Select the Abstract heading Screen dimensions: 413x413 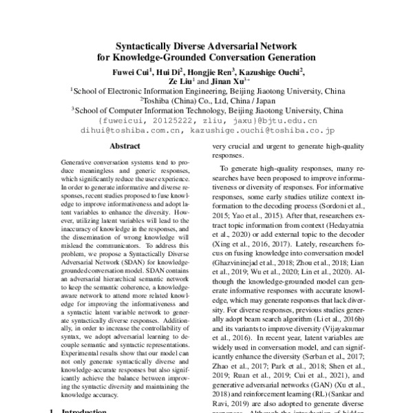pos(125,146)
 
